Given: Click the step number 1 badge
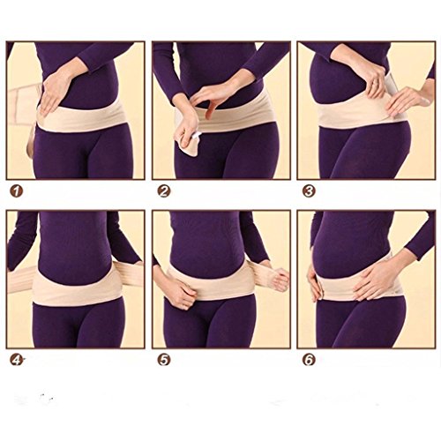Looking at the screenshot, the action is pos(17,191).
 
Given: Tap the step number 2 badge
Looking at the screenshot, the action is pos(164,191).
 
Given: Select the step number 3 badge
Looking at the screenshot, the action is pos(309,191).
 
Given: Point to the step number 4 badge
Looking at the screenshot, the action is pos(17,360).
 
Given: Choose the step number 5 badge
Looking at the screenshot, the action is pos(164,360).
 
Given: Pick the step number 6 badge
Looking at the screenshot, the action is pos(309,360).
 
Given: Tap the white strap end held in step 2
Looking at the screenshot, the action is pos(196,136).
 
